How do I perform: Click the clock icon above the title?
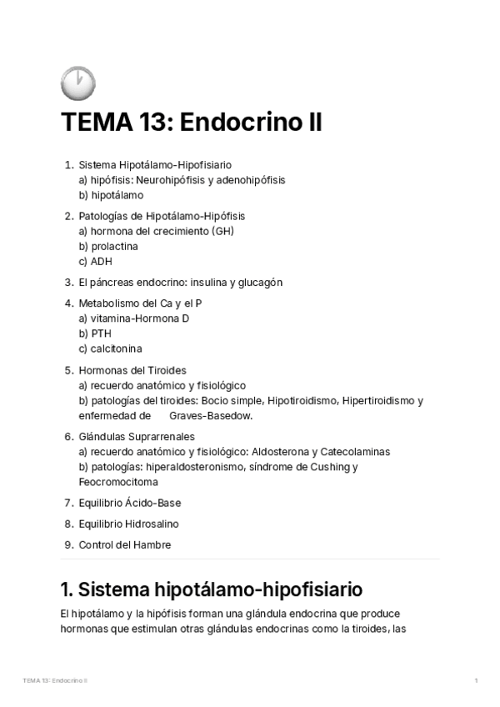[x=78, y=83]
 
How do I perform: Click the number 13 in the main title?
[x=150, y=123]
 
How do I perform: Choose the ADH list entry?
[x=101, y=262]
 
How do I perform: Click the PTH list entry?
[x=101, y=333]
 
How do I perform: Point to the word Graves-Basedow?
[x=210, y=415]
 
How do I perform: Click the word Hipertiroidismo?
[x=372, y=400]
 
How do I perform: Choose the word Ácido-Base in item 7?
[x=153, y=503]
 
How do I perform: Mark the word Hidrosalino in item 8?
[x=152, y=524]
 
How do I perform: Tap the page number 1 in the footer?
[x=475, y=681]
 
